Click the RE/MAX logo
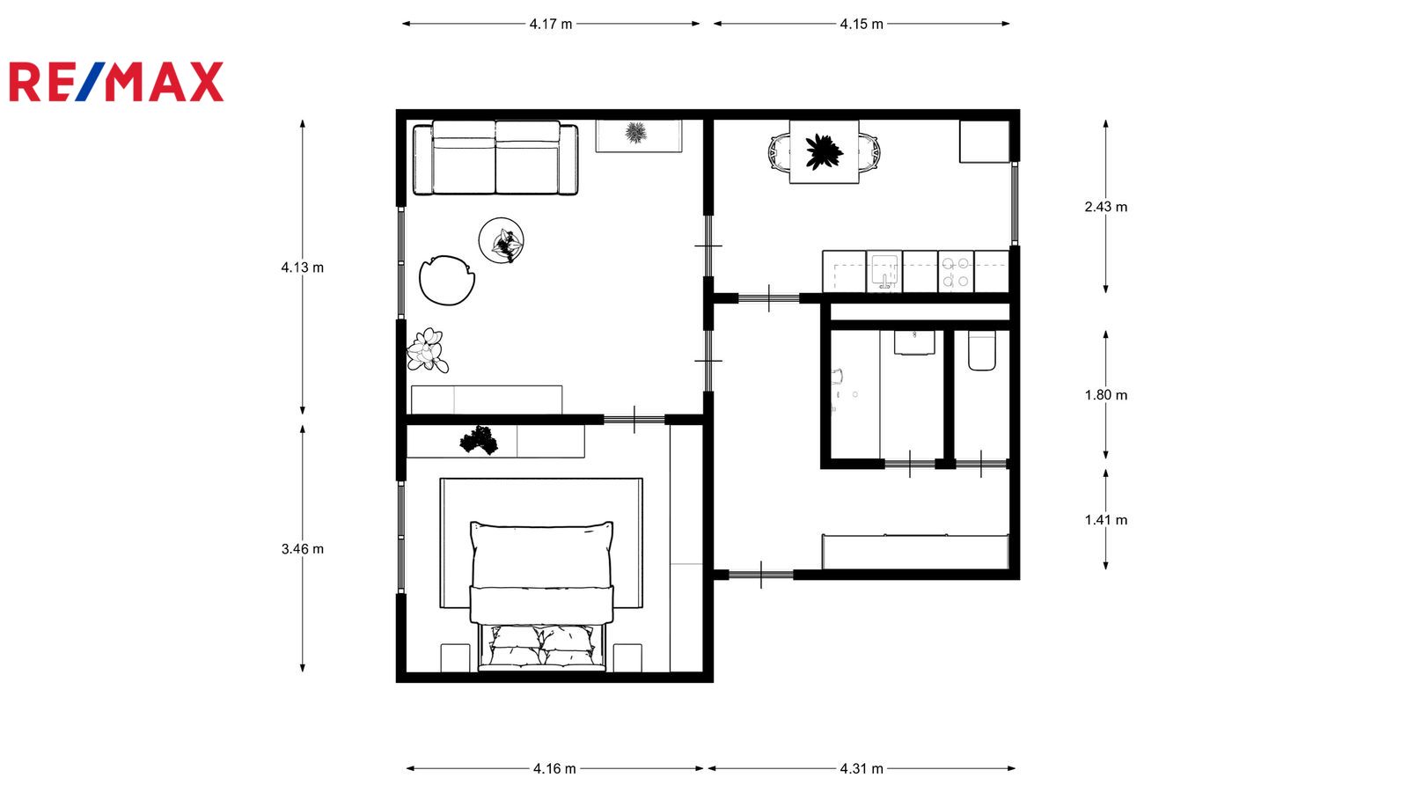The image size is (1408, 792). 116,82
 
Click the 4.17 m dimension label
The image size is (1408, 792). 551,24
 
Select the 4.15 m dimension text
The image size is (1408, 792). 862,24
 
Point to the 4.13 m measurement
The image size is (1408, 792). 303,268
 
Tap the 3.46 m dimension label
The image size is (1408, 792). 303,549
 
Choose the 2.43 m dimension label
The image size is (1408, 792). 1105,207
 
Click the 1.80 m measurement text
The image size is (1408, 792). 1105,395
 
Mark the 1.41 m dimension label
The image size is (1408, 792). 1105,520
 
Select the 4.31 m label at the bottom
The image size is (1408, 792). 862,768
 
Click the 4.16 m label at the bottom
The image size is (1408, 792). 554,768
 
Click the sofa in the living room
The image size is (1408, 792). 495,158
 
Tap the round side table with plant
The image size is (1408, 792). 501,240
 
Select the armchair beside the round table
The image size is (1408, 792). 447,281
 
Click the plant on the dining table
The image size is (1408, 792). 824,151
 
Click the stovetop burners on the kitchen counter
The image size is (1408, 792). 956,272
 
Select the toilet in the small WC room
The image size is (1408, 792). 982,351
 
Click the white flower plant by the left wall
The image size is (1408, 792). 428,350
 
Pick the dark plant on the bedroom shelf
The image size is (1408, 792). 479,440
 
